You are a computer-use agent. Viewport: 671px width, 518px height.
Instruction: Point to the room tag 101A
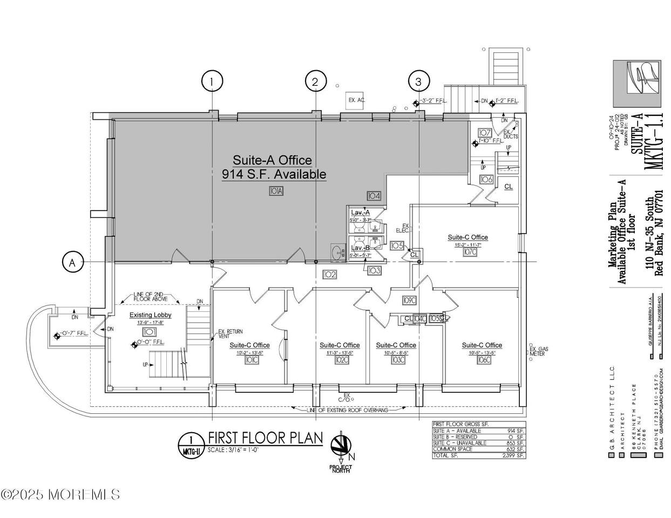[275, 191]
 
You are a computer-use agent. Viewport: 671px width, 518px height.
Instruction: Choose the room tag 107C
[469, 252]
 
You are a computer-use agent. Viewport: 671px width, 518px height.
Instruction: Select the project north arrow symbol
[340, 446]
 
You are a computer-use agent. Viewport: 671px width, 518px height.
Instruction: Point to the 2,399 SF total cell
[513, 455]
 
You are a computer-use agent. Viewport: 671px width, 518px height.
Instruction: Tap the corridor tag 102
[330, 275]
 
